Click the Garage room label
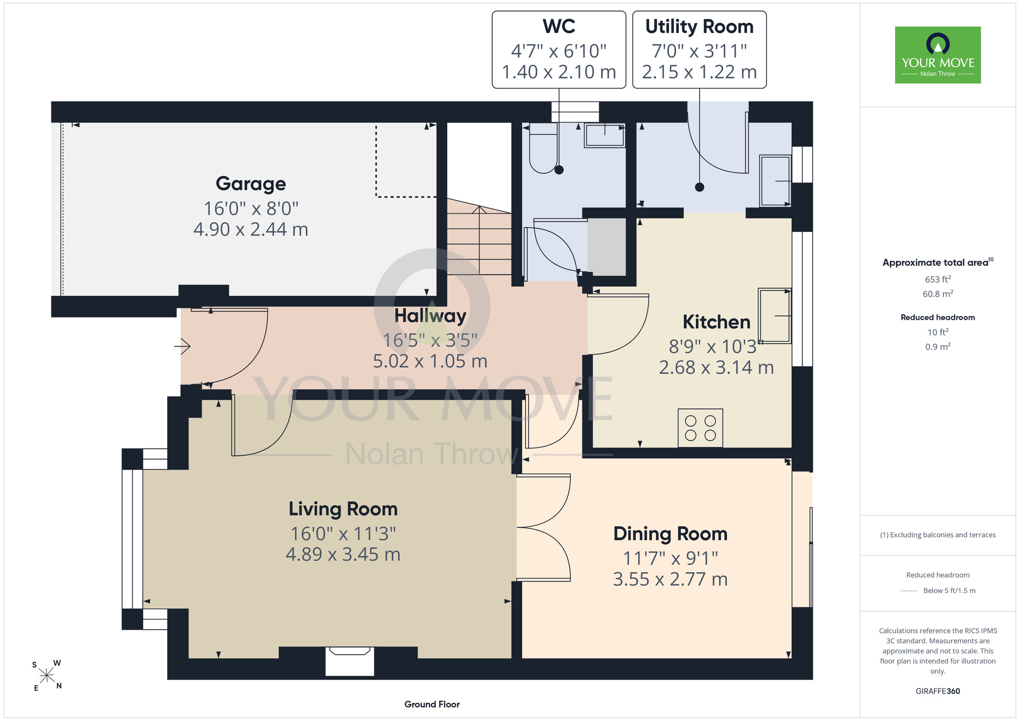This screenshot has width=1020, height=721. click(x=250, y=184)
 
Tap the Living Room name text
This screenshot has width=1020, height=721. click(x=343, y=509)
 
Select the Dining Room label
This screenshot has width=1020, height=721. click(x=670, y=534)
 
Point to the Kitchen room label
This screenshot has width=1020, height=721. click(x=717, y=322)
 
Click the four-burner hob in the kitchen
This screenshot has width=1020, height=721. click(x=700, y=428)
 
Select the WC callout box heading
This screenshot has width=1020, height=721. click(x=559, y=27)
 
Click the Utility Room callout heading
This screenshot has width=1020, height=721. click(x=699, y=27)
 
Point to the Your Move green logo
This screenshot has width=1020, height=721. click(x=938, y=55)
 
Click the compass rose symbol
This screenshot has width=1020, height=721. click(x=47, y=676)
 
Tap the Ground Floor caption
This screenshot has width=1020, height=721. click(x=432, y=704)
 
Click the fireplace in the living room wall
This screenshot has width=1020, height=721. click(x=350, y=661)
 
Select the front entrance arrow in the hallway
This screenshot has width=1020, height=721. click(x=182, y=347)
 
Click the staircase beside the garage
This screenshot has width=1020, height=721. click(x=479, y=236)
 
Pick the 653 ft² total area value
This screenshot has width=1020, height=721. click(x=938, y=279)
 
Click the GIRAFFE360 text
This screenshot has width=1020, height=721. click(x=938, y=691)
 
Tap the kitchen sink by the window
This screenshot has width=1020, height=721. click(x=775, y=316)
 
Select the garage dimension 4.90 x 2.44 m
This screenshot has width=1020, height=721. click(x=250, y=229)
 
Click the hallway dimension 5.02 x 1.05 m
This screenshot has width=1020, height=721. click(x=430, y=361)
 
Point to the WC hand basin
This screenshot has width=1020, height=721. click(x=605, y=136)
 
